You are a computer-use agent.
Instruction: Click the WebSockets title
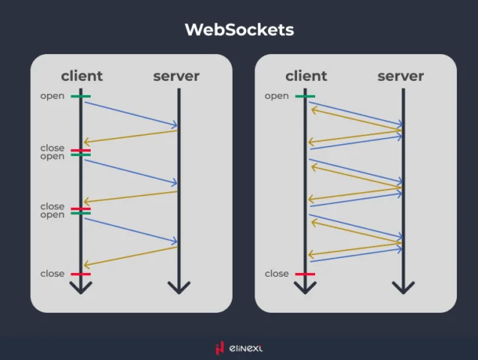239,30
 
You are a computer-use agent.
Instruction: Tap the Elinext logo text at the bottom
246,348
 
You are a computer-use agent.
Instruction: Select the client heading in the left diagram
82,76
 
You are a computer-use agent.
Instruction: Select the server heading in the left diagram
176,76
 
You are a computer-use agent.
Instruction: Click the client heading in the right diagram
306,76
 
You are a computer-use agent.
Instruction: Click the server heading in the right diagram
401,76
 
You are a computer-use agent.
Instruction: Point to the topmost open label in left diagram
53,96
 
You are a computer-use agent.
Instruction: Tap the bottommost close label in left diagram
53,274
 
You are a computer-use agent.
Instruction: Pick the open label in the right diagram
277,96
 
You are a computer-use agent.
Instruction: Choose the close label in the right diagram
277,274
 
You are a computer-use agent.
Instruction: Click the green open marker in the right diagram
305,96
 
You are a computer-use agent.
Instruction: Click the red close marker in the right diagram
305,274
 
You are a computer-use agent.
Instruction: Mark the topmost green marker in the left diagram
81,96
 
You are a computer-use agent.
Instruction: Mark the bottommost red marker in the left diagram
81,274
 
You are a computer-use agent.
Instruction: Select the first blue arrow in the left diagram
131,114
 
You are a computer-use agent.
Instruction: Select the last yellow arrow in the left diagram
131,256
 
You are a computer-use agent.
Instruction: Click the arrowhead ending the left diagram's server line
179,287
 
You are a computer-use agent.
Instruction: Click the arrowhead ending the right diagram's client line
305,287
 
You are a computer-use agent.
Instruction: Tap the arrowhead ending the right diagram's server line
403,287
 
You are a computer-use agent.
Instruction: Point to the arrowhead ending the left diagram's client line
81,287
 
